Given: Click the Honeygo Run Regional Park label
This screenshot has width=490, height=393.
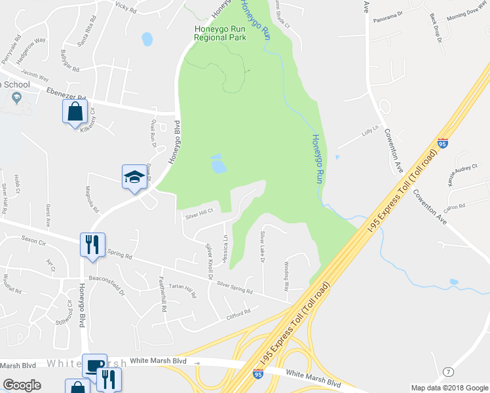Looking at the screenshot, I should (x=220, y=33).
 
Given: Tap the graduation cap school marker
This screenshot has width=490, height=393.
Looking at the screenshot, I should (x=134, y=177).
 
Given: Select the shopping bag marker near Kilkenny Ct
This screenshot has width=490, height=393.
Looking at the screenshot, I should (x=75, y=111).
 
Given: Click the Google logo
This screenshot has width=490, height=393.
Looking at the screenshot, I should (x=22, y=385).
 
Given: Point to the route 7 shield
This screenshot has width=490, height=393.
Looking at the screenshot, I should (x=448, y=372).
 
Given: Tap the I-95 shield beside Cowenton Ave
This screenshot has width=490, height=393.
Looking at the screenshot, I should (x=443, y=142).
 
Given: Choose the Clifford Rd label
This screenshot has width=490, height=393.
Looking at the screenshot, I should (x=238, y=312).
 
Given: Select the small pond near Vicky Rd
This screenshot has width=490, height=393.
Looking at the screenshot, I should (x=147, y=39).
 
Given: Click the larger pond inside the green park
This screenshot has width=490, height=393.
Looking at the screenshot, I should (x=218, y=166).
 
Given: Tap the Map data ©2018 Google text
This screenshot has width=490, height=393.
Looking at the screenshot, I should (x=449, y=388).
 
